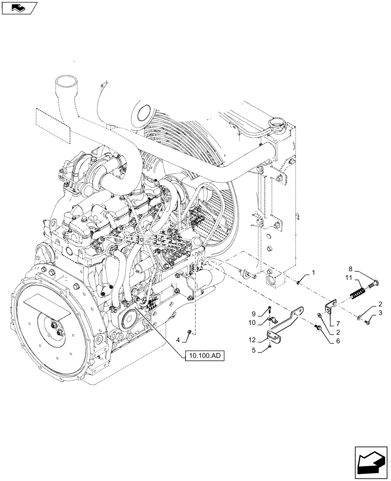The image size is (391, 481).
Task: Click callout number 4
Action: click(178, 340)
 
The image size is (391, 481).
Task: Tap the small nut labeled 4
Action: click(191, 332)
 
